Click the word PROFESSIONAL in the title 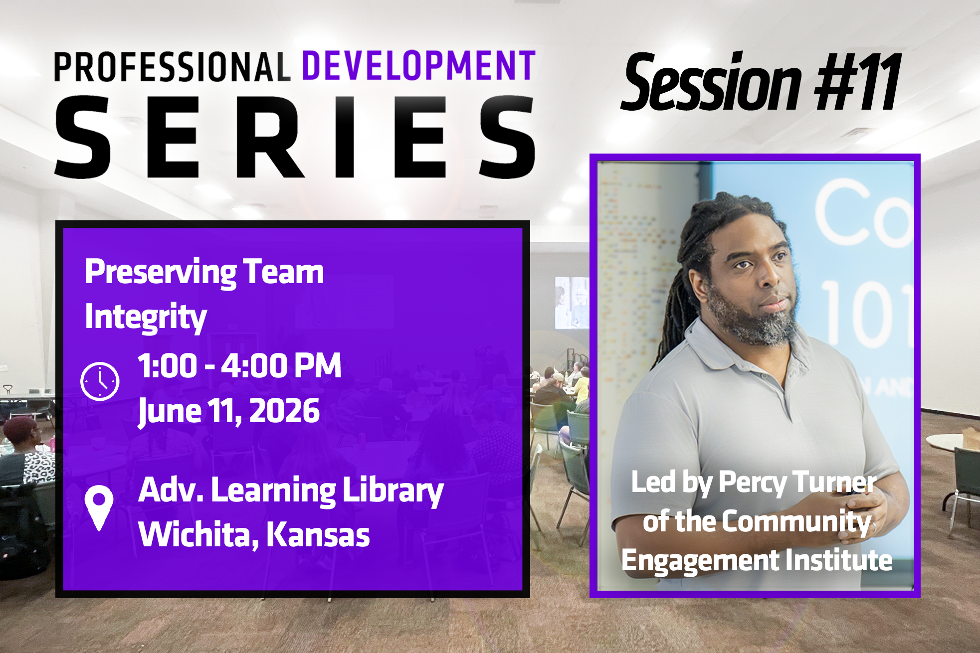[172, 67]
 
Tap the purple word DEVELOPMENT [419, 66]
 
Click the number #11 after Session [857, 82]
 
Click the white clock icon [100, 381]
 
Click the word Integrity [146, 317]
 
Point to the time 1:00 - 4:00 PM [239, 365]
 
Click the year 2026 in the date [284, 411]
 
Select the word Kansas [318, 534]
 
